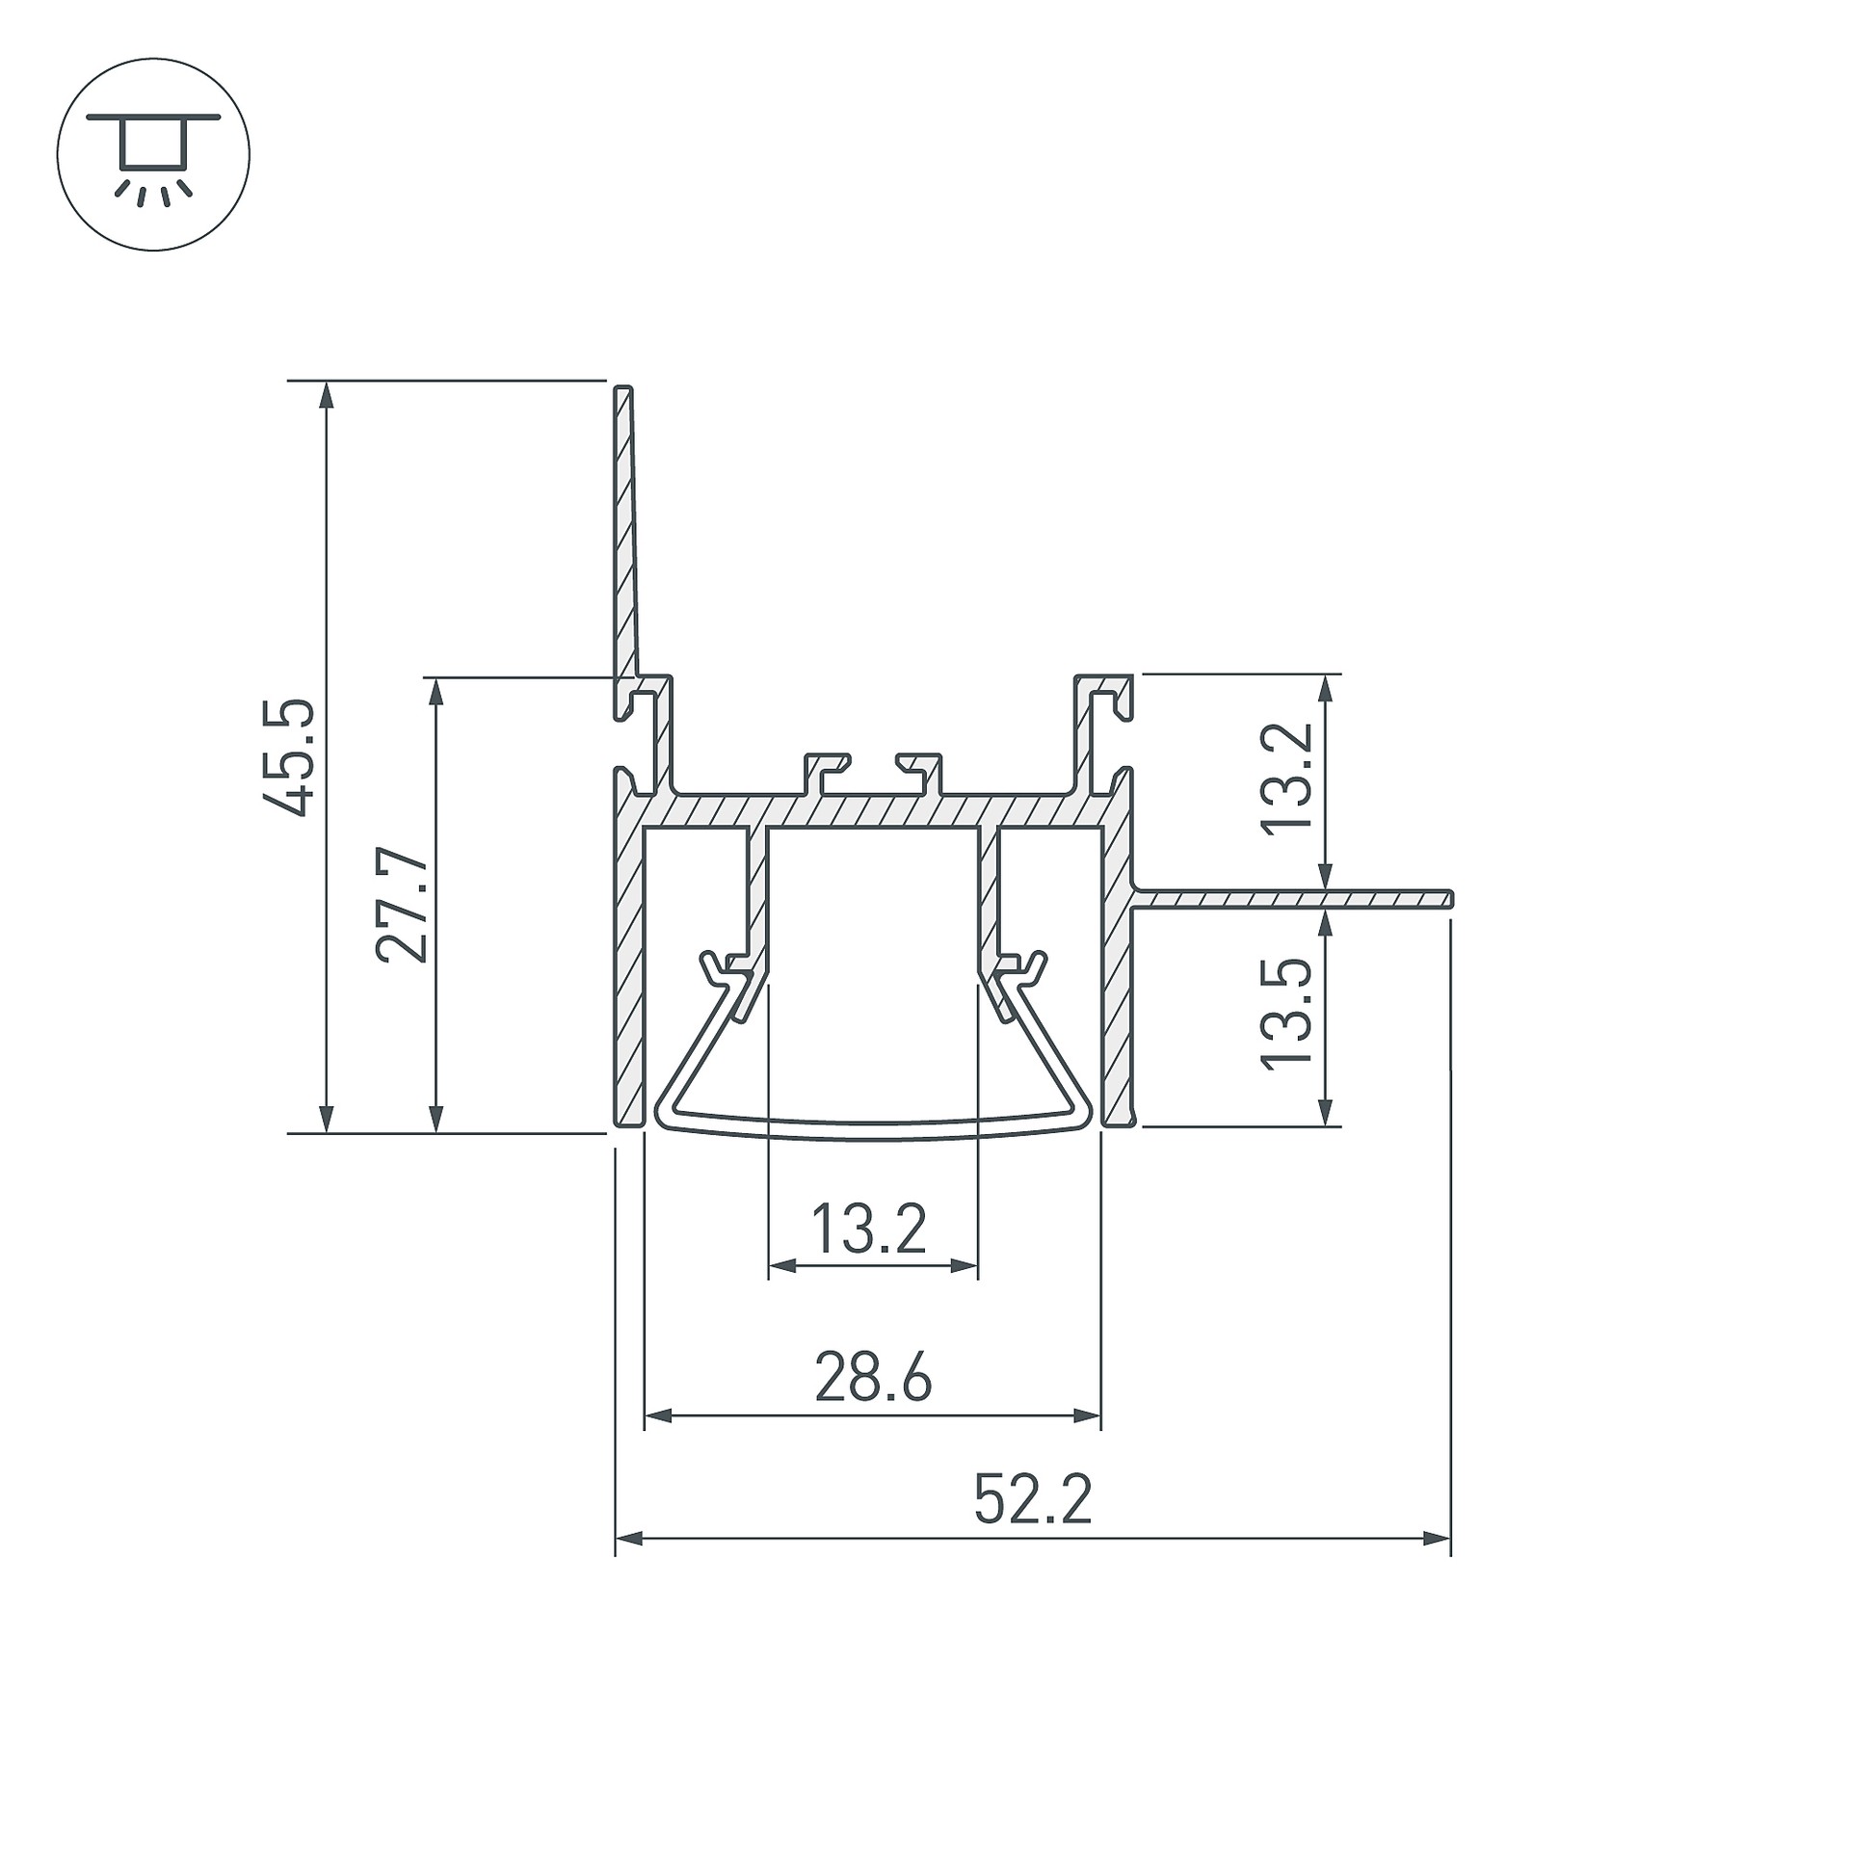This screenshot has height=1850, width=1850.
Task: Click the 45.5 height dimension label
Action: pyautogui.click(x=288, y=757)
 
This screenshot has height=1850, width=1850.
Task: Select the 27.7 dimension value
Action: pyautogui.click(x=401, y=906)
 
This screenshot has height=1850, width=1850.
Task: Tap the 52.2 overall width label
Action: pyautogui.click(x=1033, y=1501)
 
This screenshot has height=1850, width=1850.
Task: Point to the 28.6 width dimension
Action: pyautogui.click(x=873, y=1378)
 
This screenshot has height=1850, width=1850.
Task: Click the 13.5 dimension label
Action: pyautogui.click(x=1287, y=1012)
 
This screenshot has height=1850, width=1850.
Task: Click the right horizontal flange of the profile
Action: pyautogui.click(x=1291, y=899)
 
